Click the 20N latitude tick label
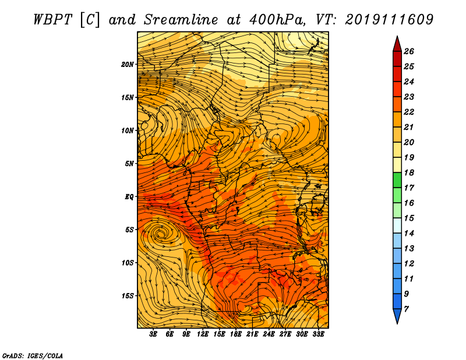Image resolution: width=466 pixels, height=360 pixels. click(x=128, y=65)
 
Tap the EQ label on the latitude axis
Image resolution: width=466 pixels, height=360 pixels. click(x=129, y=197)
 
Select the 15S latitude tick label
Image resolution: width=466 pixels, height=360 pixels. click(x=128, y=296)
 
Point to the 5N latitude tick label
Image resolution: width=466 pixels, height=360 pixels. click(x=129, y=164)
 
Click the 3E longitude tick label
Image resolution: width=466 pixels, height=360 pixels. click(x=153, y=334)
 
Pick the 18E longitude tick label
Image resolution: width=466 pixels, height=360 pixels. click(x=236, y=334)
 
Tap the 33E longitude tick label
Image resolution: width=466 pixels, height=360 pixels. click(x=318, y=334)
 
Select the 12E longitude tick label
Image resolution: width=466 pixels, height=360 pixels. click(x=203, y=334)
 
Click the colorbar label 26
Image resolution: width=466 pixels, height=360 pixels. click(x=409, y=51)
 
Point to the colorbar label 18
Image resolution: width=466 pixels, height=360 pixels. click(x=409, y=172)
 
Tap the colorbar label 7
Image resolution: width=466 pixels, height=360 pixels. click(x=406, y=309)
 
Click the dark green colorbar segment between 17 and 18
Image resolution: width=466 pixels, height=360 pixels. click(x=397, y=180)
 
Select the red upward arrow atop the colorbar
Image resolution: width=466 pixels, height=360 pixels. click(x=397, y=45)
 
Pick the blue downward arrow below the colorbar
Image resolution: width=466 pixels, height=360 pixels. click(x=397, y=316)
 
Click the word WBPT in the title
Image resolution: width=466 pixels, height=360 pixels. click(x=52, y=20)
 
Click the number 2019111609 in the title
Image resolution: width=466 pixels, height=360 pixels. click(x=389, y=20)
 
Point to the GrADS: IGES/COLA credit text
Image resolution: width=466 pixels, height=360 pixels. click(x=33, y=355)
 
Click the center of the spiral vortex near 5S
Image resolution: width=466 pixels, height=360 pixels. click(x=161, y=234)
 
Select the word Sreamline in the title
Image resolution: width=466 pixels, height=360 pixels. click(x=181, y=20)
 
